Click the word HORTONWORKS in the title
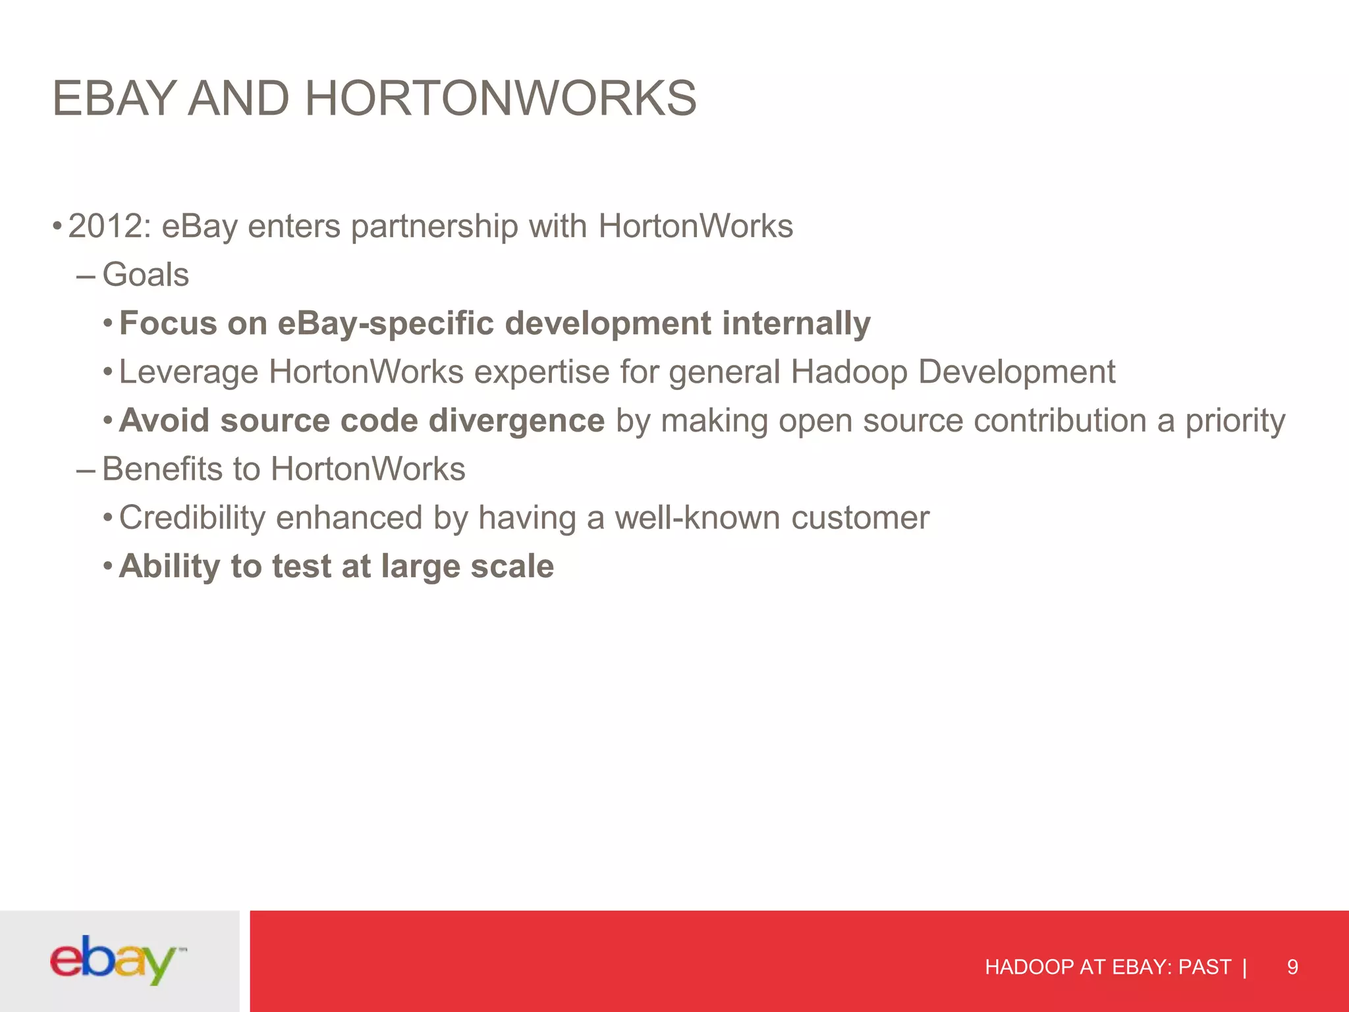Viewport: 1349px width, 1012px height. pyautogui.click(x=500, y=99)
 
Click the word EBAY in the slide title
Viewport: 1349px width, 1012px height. pyautogui.click(x=113, y=99)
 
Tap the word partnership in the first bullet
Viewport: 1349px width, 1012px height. pyautogui.click(x=434, y=227)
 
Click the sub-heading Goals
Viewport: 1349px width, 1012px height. pyautogui.click(x=146, y=275)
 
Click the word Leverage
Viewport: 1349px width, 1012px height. pyautogui.click(x=188, y=372)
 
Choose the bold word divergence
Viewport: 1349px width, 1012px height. pyautogui.click(x=516, y=420)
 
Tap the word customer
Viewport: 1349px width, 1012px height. pyautogui.click(x=860, y=518)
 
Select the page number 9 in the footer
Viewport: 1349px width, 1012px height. pyautogui.click(x=1292, y=967)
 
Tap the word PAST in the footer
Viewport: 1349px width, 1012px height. pyautogui.click(x=1204, y=967)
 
